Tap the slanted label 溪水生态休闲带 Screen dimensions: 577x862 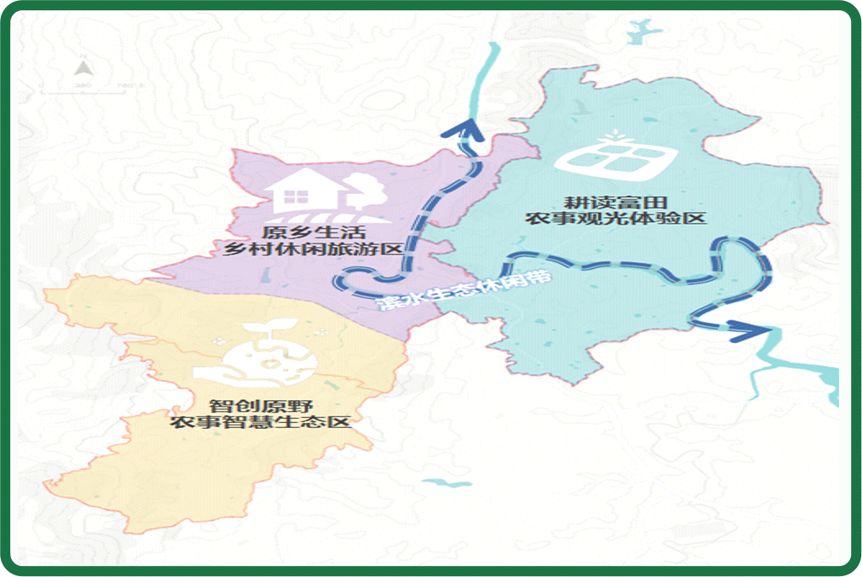464,294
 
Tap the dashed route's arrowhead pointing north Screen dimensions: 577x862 465,129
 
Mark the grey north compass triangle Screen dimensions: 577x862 83,68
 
